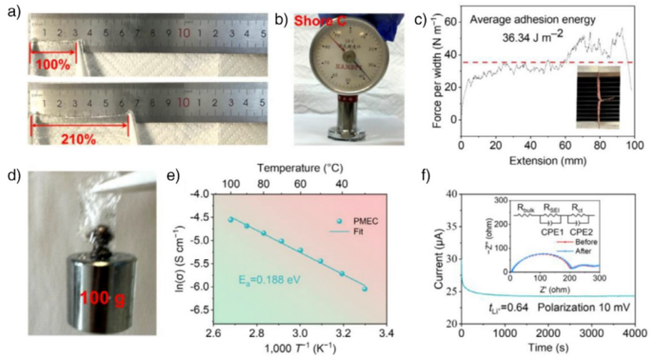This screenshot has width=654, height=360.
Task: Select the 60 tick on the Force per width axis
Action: (x=452, y=15)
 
